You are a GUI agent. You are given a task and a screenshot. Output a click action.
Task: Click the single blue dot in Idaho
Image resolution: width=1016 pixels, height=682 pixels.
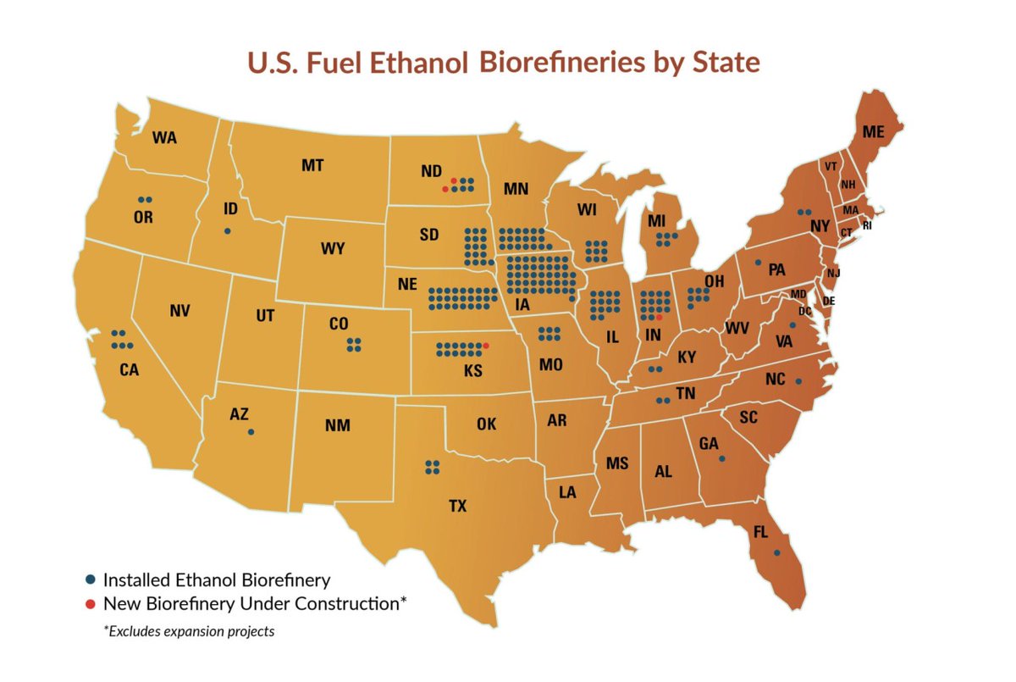(x=227, y=231)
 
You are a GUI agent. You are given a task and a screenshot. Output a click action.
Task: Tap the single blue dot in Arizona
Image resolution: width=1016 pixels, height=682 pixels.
(x=251, y=432)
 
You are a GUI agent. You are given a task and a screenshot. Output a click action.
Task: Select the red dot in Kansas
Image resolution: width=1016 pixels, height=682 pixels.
(x=486, y=346)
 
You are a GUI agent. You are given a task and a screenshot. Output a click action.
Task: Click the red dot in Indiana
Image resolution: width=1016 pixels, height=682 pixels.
(x=659, y=317)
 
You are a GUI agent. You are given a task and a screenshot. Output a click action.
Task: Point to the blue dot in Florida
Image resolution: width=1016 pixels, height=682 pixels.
(x=776, y=553)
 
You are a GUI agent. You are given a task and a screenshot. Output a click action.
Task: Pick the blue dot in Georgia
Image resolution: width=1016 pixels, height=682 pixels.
(x=721, y=458)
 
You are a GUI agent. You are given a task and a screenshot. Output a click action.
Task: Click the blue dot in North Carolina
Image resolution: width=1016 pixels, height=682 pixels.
(x=798, y=381)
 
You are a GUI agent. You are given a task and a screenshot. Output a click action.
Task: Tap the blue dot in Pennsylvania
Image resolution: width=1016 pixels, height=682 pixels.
(x=758, y=263)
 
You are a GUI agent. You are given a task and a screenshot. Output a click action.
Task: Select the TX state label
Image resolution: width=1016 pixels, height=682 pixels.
(x=457, y=507)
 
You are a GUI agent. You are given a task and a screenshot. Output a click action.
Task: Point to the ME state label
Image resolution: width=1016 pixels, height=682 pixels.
(x=873, y=133)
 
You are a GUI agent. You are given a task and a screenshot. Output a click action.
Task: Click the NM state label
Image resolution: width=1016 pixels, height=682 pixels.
(x=337, y=426)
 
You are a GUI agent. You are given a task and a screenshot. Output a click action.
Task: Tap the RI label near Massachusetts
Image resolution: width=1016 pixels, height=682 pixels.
(x=867, y=225)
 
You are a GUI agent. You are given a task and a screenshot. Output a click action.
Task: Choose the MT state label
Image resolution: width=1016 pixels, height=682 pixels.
(x=312, y=166)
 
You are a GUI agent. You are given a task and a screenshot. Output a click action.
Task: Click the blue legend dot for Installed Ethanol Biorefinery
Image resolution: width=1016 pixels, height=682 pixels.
(x=91, y=581)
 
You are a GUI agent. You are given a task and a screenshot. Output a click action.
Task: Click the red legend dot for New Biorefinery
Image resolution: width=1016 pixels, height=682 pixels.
(x=91, y=605)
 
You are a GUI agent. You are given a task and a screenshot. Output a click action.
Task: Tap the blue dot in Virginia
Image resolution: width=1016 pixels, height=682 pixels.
(x=792, y=325)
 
